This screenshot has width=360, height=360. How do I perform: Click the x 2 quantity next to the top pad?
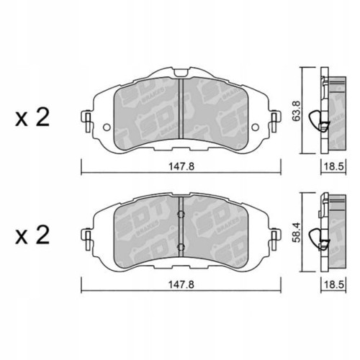(32, 117)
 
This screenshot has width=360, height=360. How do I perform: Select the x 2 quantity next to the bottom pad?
(32, 235)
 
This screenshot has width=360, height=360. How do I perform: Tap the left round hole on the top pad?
(106, 129)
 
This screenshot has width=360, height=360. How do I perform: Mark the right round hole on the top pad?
(256, 129)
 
